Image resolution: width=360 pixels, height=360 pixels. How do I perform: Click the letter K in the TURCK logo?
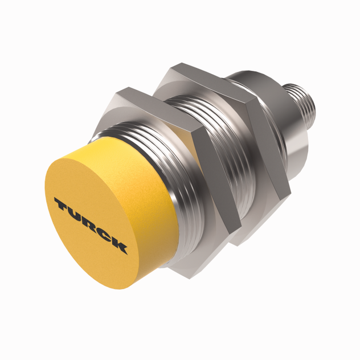[x=119, y=246]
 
